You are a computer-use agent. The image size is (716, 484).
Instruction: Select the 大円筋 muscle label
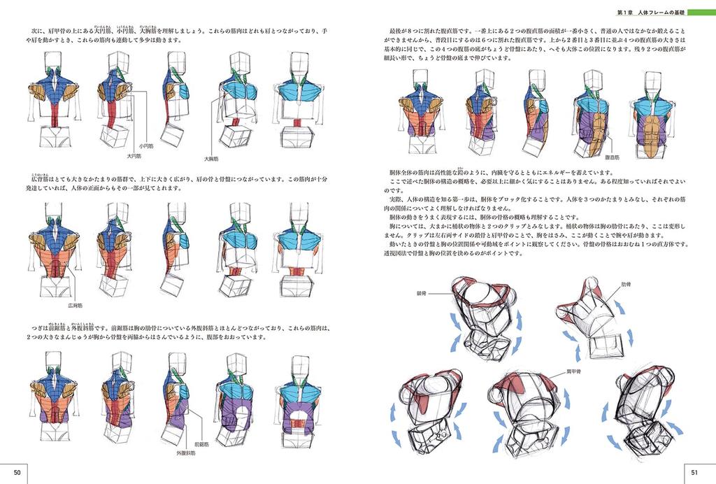(134, 156)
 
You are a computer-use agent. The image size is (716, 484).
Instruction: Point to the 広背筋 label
(76, 306)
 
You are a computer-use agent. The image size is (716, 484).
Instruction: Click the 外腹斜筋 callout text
(185, 453)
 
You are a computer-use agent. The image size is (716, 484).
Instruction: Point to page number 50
(18, 474)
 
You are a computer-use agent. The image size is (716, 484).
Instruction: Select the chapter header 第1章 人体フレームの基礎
(650, 12)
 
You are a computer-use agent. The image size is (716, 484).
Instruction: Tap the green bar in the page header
(701, 12)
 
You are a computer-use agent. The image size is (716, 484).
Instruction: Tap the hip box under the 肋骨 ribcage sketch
(606, 343)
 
